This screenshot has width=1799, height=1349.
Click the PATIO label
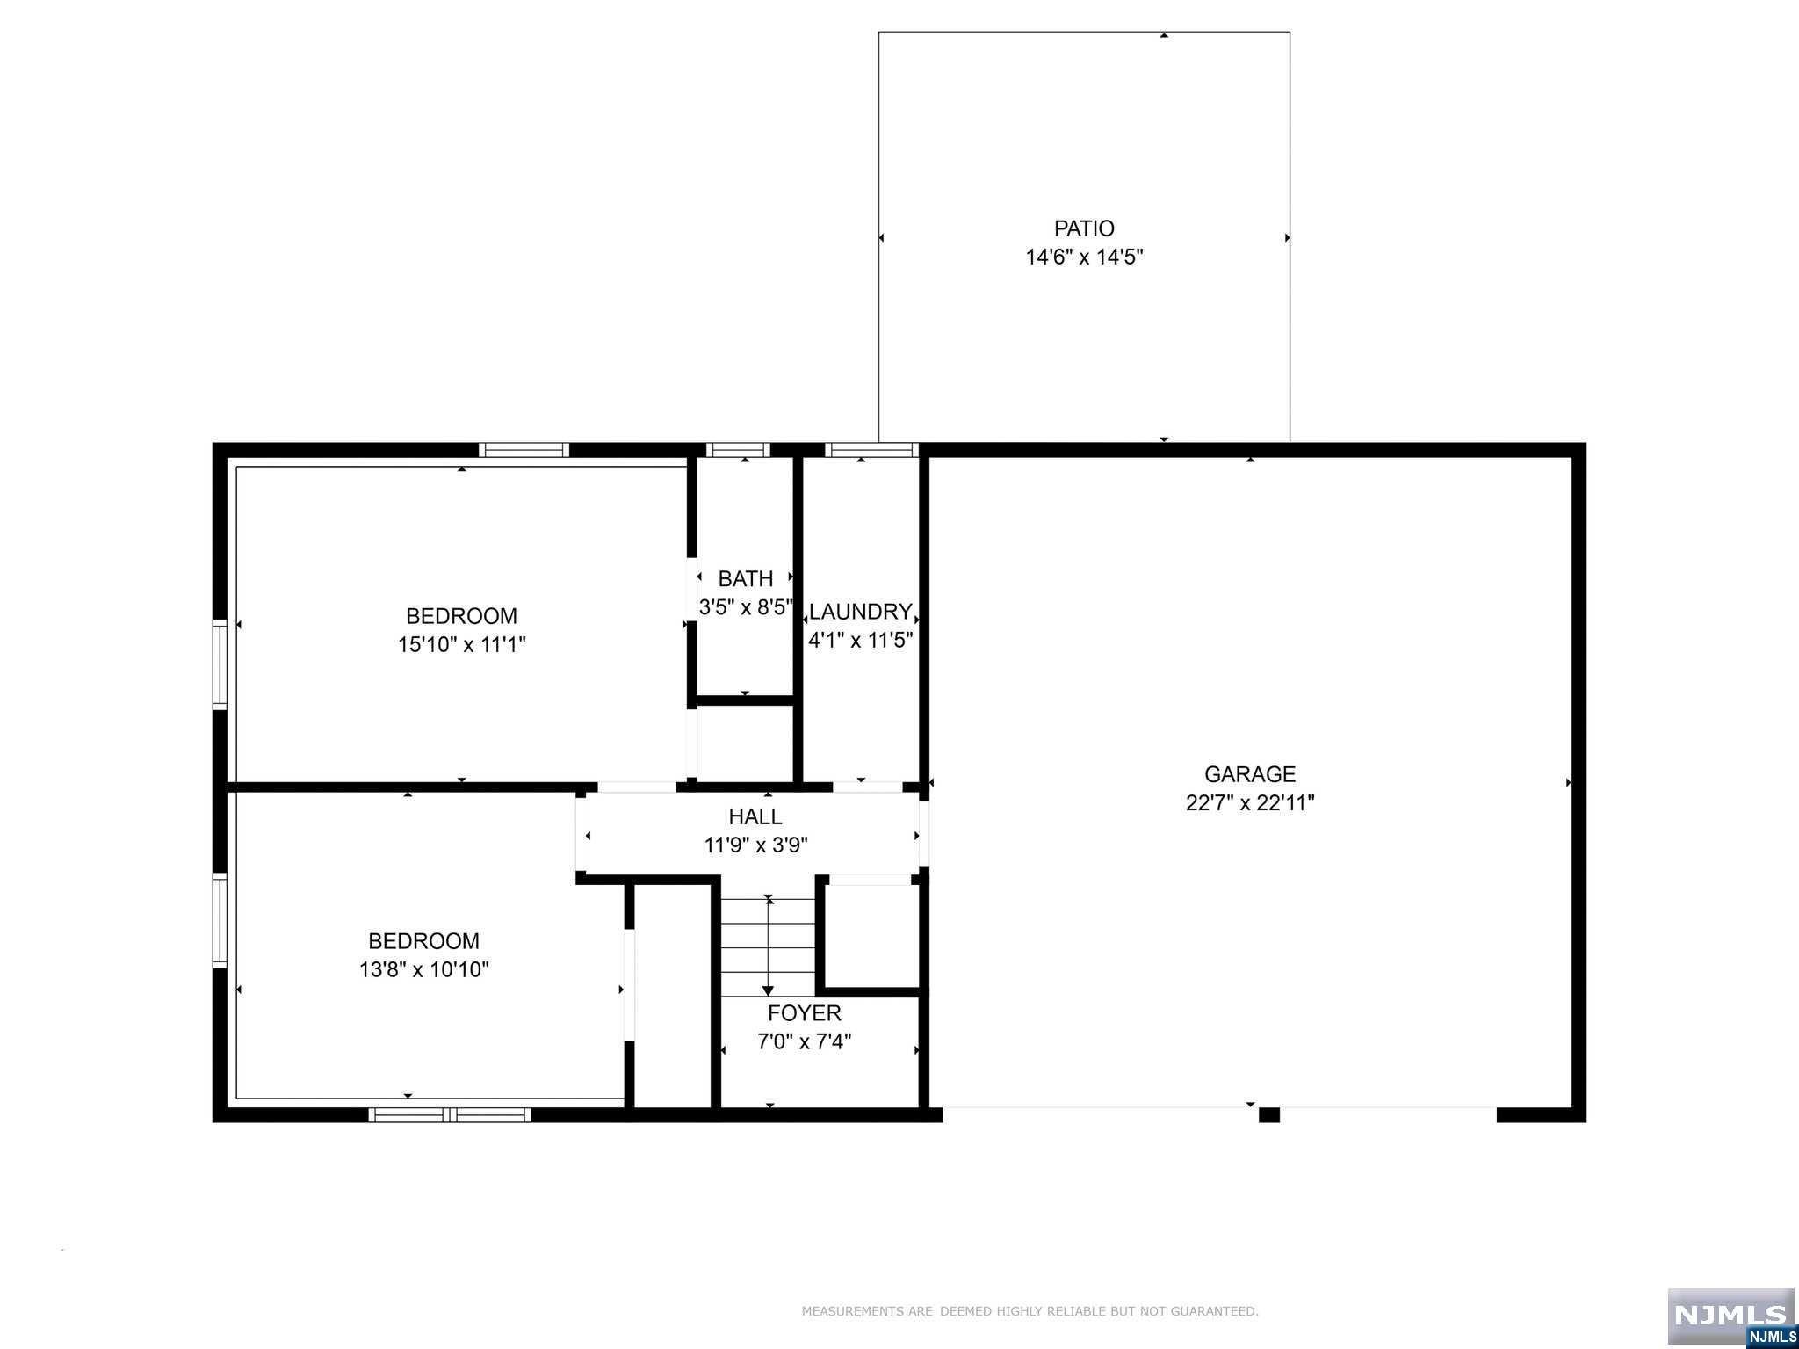pyautogui.click(x=1084, y=228)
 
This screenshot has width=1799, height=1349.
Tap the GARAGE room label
pyautogui.click(x=1249, y=774)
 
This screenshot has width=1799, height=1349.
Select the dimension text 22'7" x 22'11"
pyautogui.click(x=1249, y=803)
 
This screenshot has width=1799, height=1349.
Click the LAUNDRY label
pyautogui.click(x=860, y=612)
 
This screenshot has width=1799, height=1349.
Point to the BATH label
pyautogui.click(x=746, y=578)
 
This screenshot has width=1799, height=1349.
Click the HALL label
pyautogui.click(x=755, y=816)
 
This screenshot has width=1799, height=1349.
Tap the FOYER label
pyautogui.click(x=805, y=1012)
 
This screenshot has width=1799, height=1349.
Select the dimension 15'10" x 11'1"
pyautogui.click(x=462, y=645)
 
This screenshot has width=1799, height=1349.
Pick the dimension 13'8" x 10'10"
pyautogui.click(x=424, y=970)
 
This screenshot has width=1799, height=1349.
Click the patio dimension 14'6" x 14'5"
pyautogui.click(x=1084, y=257)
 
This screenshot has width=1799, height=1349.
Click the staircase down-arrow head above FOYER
pyautogui.click(x=769, y=990)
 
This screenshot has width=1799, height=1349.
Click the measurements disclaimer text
pyautogui.click(x=1030, y=1311)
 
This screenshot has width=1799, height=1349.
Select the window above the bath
pyautogui.click(x=738, y=450)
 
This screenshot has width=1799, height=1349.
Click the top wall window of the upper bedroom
pyautogui.click(x=524, y=450)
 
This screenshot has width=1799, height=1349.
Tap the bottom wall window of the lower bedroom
pyautogui.click(x=450, y=1114)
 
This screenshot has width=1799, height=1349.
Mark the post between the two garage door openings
pyautogui.click(x=1269, y=1114)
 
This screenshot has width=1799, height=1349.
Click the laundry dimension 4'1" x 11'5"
pyautogui.click(x=861, y=640)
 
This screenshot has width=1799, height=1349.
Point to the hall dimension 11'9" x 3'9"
pyautogui.click(x=755, y=845)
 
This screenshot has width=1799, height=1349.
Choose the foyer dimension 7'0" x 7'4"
pyautogui.click(x=805, y=1042)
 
